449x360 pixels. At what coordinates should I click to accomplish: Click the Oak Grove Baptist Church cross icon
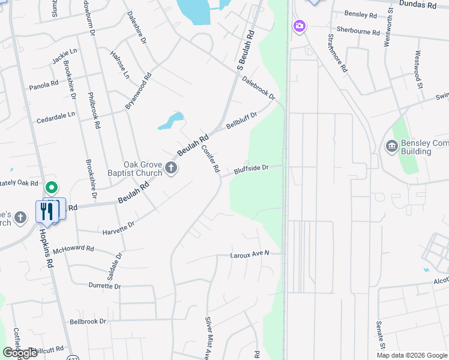point(171,167)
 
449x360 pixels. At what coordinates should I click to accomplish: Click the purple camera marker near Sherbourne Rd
point(299,26)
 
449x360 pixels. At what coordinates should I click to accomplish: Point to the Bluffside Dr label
point(250,169)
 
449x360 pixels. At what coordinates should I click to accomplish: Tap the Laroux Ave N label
point(249,254)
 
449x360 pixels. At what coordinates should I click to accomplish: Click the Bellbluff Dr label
point(241,120)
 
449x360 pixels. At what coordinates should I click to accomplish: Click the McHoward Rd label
point(73,248)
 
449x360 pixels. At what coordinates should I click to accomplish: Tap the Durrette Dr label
point(104,286)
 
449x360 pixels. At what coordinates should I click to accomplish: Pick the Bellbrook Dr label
point(88,322)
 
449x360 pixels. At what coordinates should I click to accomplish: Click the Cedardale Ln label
point(56,114)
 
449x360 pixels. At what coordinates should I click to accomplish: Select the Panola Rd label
point(44,85)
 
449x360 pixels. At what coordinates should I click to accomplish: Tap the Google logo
point(20,353)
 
